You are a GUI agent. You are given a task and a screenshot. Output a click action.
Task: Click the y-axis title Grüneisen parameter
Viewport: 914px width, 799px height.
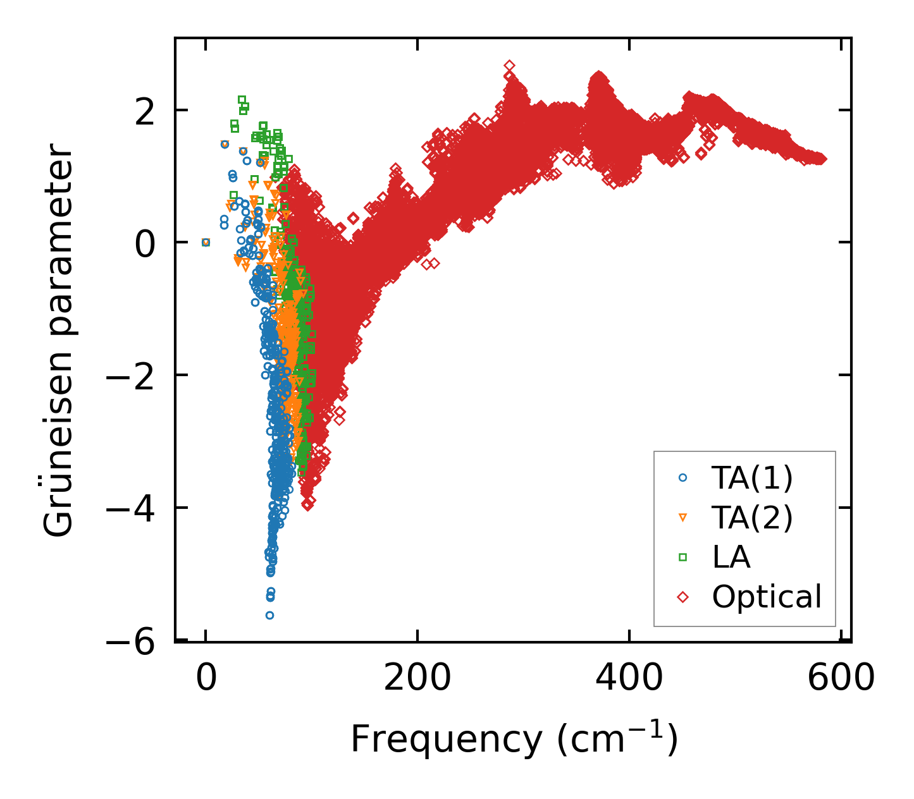tap(59, 341)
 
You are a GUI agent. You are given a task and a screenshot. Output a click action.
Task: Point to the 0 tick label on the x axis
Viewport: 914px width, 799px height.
tap(206, 679)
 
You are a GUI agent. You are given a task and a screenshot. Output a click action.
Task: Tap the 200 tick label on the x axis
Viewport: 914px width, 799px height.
tap(417, 679)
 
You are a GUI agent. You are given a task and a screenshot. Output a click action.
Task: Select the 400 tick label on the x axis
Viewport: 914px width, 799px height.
tap(629, 679)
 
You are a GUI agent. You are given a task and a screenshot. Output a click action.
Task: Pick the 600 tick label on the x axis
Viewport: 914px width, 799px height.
tap(841, 679)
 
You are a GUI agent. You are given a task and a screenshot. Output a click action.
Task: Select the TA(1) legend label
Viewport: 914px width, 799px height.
tap(751, 478)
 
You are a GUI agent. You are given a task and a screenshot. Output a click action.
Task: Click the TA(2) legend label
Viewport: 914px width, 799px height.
tap(751, 518)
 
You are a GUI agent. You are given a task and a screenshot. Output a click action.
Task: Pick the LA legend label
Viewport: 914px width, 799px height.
tap(731, 557)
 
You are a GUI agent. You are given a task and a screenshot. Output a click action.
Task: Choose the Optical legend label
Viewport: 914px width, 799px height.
tap(767, 597)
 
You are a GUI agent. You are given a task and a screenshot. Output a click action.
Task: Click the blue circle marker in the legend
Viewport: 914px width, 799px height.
tap(682, 478)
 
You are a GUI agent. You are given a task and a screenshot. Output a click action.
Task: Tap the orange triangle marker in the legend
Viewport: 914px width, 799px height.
tap(682, 518)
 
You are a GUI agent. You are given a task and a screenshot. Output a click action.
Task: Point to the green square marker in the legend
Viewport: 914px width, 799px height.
tap(682, 557)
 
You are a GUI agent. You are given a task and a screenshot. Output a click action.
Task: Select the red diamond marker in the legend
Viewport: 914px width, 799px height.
tap(682, 597)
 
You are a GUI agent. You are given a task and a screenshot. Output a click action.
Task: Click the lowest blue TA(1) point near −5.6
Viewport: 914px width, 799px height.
tap(269, 615)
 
